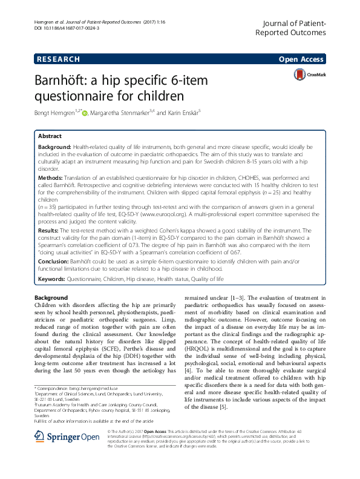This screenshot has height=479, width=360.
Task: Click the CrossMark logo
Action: tap(309, 76)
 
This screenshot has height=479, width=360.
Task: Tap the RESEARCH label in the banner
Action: tap(59, 59)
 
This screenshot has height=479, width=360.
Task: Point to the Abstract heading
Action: tap(50, 136)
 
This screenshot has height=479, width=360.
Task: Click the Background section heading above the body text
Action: tap(51, 298)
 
